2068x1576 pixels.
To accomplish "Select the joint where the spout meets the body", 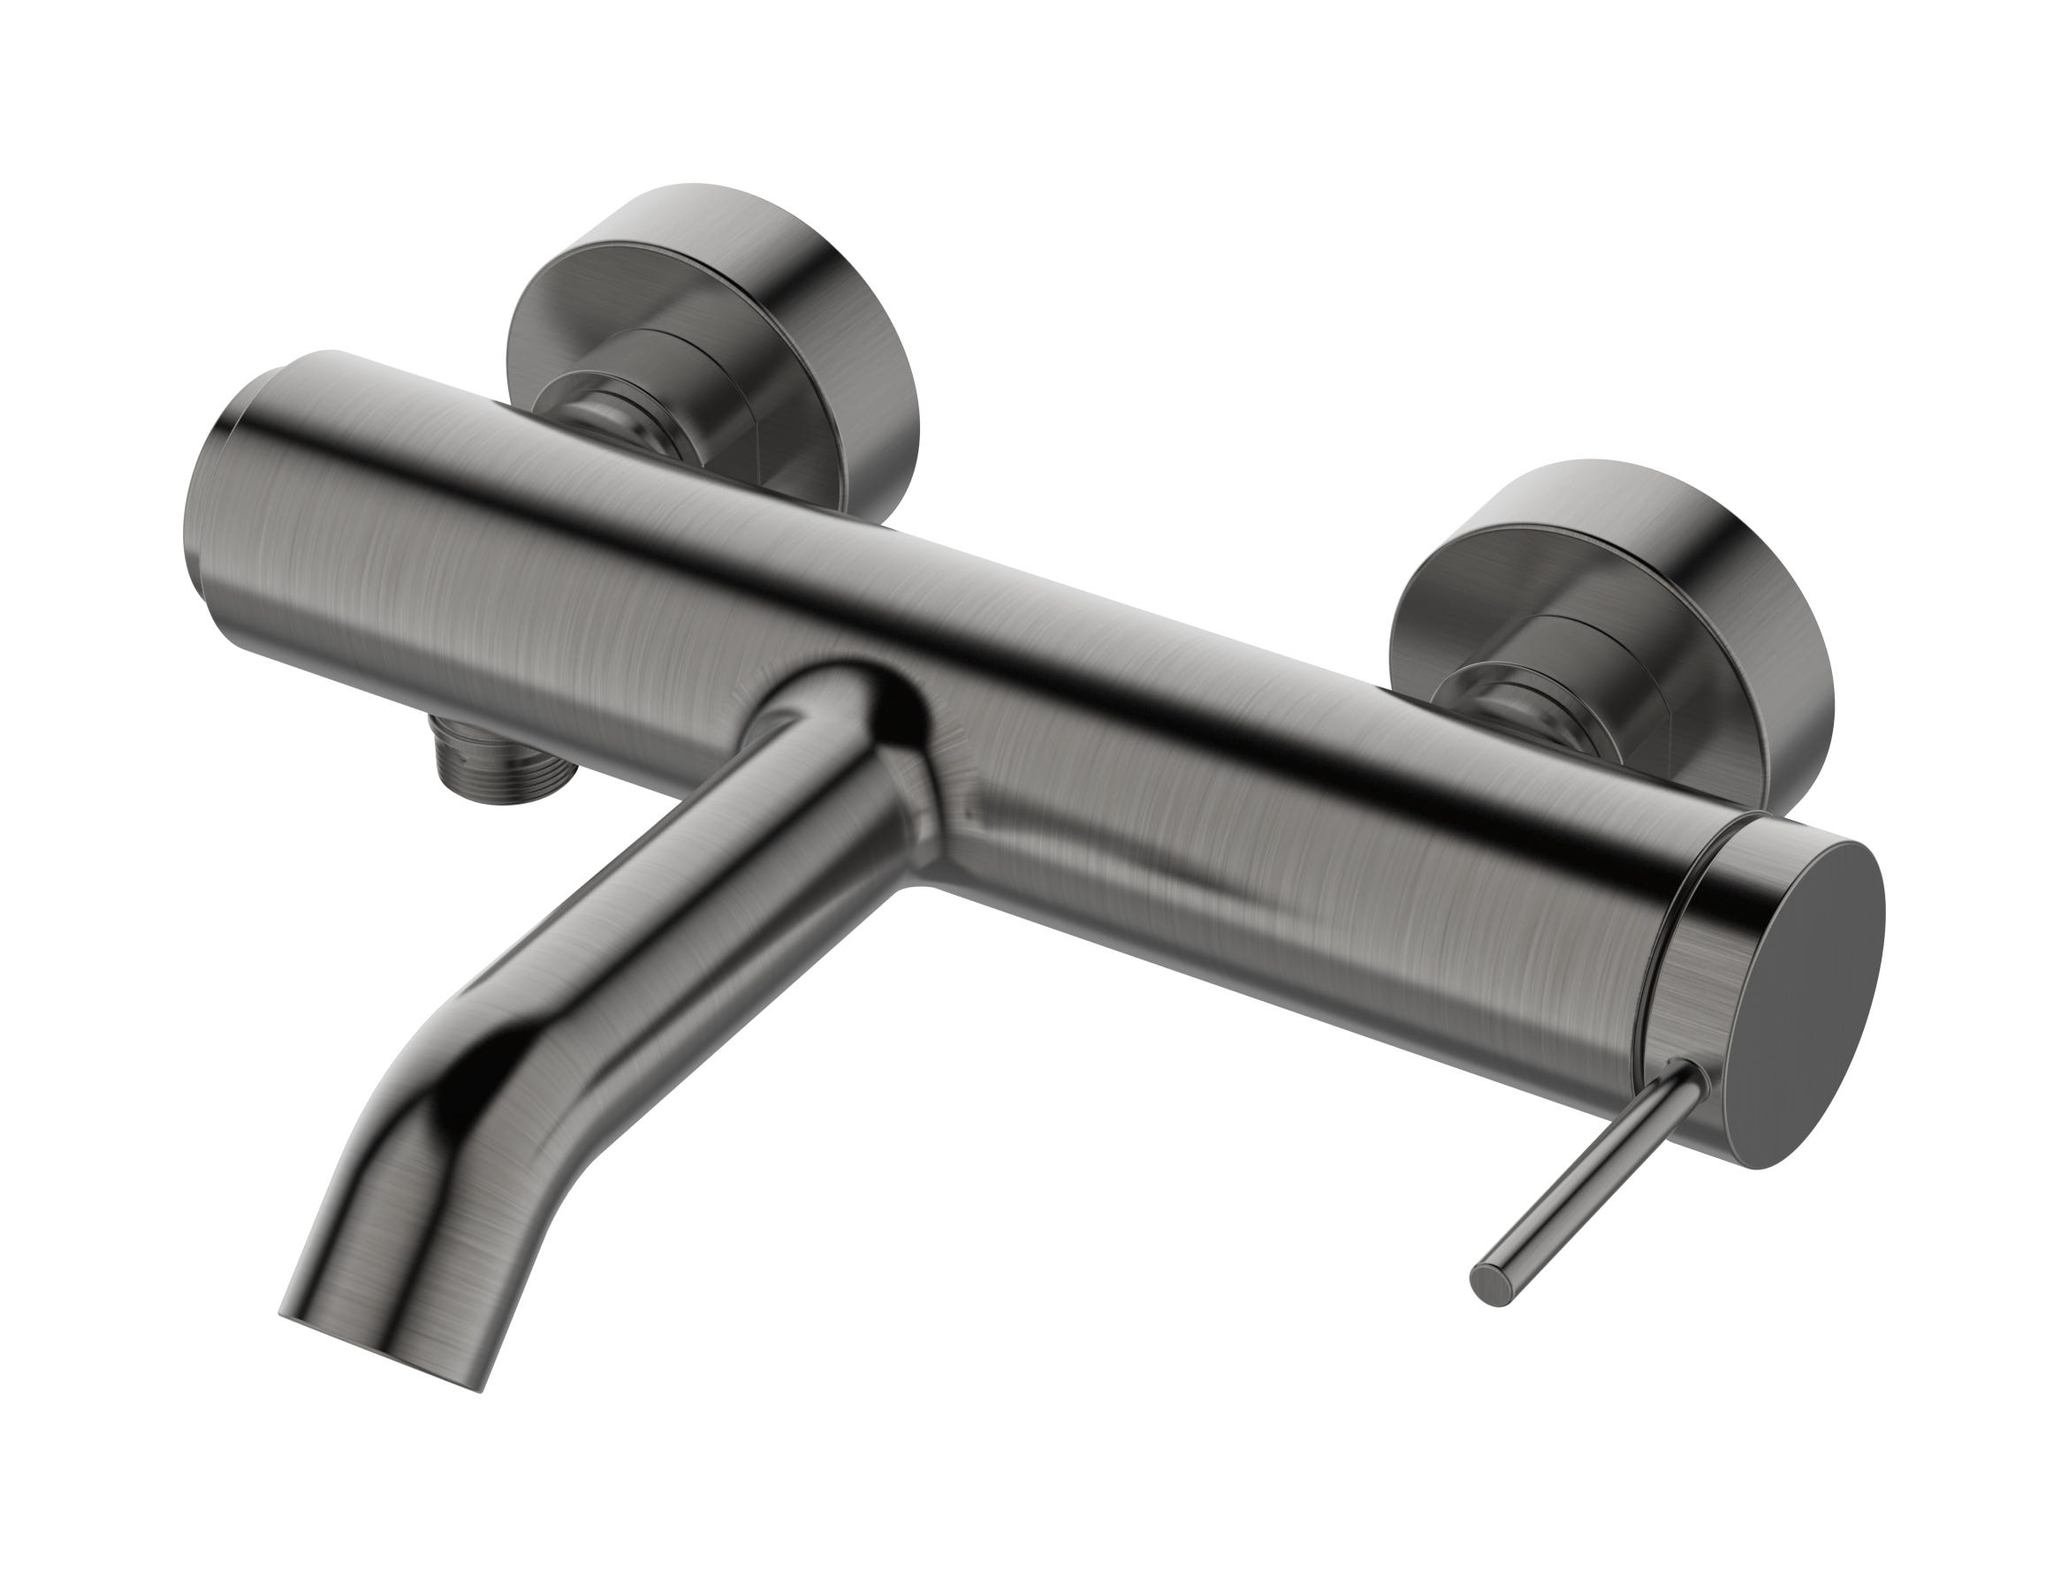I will tap(845, 713).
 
